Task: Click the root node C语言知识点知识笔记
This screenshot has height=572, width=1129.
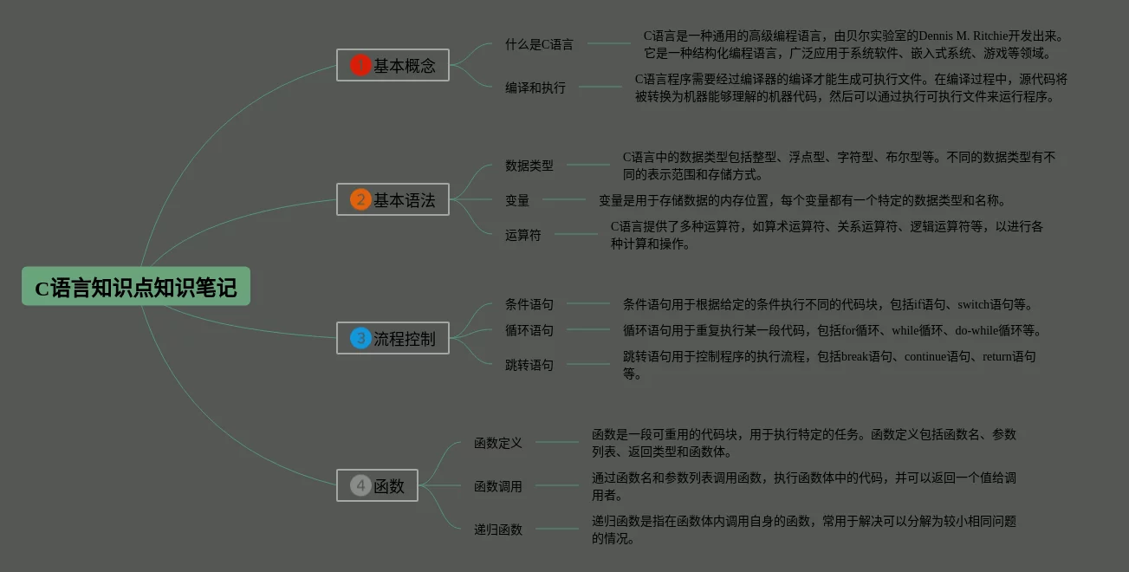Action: pos(136,287)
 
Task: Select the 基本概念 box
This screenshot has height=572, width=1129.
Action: pos(393,65)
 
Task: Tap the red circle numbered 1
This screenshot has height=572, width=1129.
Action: pos(360,65)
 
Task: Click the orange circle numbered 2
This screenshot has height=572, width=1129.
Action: pos(360,200)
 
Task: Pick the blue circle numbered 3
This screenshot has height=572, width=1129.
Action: pos(360,338)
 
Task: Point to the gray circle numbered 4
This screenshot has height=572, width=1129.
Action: pos(360,485)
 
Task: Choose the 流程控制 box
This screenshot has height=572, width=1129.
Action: pos(393,338)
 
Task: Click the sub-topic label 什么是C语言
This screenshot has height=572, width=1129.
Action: pos(539,44)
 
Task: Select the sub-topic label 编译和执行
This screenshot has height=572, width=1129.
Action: pos(535,88)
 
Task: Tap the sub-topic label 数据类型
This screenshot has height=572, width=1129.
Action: pos(529,166)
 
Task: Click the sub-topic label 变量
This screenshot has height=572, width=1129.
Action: pos(517,200)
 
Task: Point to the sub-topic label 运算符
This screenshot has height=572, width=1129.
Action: pos(523,235)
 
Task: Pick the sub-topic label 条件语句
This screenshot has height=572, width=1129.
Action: pos(529,304)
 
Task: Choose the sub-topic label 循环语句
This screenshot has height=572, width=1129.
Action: pos(529,330)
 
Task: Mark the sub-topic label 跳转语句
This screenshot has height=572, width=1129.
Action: pos(529,365)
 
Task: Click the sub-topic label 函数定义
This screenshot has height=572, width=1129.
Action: pos(498,443)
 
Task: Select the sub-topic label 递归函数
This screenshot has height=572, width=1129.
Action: pos(498,530)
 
